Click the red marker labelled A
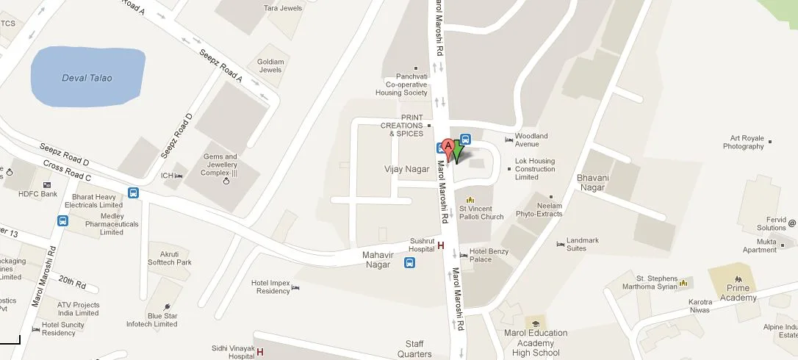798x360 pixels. tap(449, 147)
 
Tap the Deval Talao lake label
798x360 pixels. tap(87, 78)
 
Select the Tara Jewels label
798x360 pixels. tap(282, 9)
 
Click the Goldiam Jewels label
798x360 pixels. tap(270, 65)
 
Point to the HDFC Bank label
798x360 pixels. tap(38, 194)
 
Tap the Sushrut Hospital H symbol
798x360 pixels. tap(441, 245)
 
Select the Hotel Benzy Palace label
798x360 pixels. tap(489, 255)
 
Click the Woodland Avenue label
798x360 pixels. tap(531, 140)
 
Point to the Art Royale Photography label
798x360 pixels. tap(743, 143)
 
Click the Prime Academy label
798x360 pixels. tap(738, 293)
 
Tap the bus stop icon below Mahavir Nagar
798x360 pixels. tap(409, 263)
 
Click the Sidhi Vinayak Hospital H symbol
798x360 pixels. tap(260, 352)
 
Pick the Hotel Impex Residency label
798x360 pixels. tap(270, 287)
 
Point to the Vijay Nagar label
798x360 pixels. tap(406, 169)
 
